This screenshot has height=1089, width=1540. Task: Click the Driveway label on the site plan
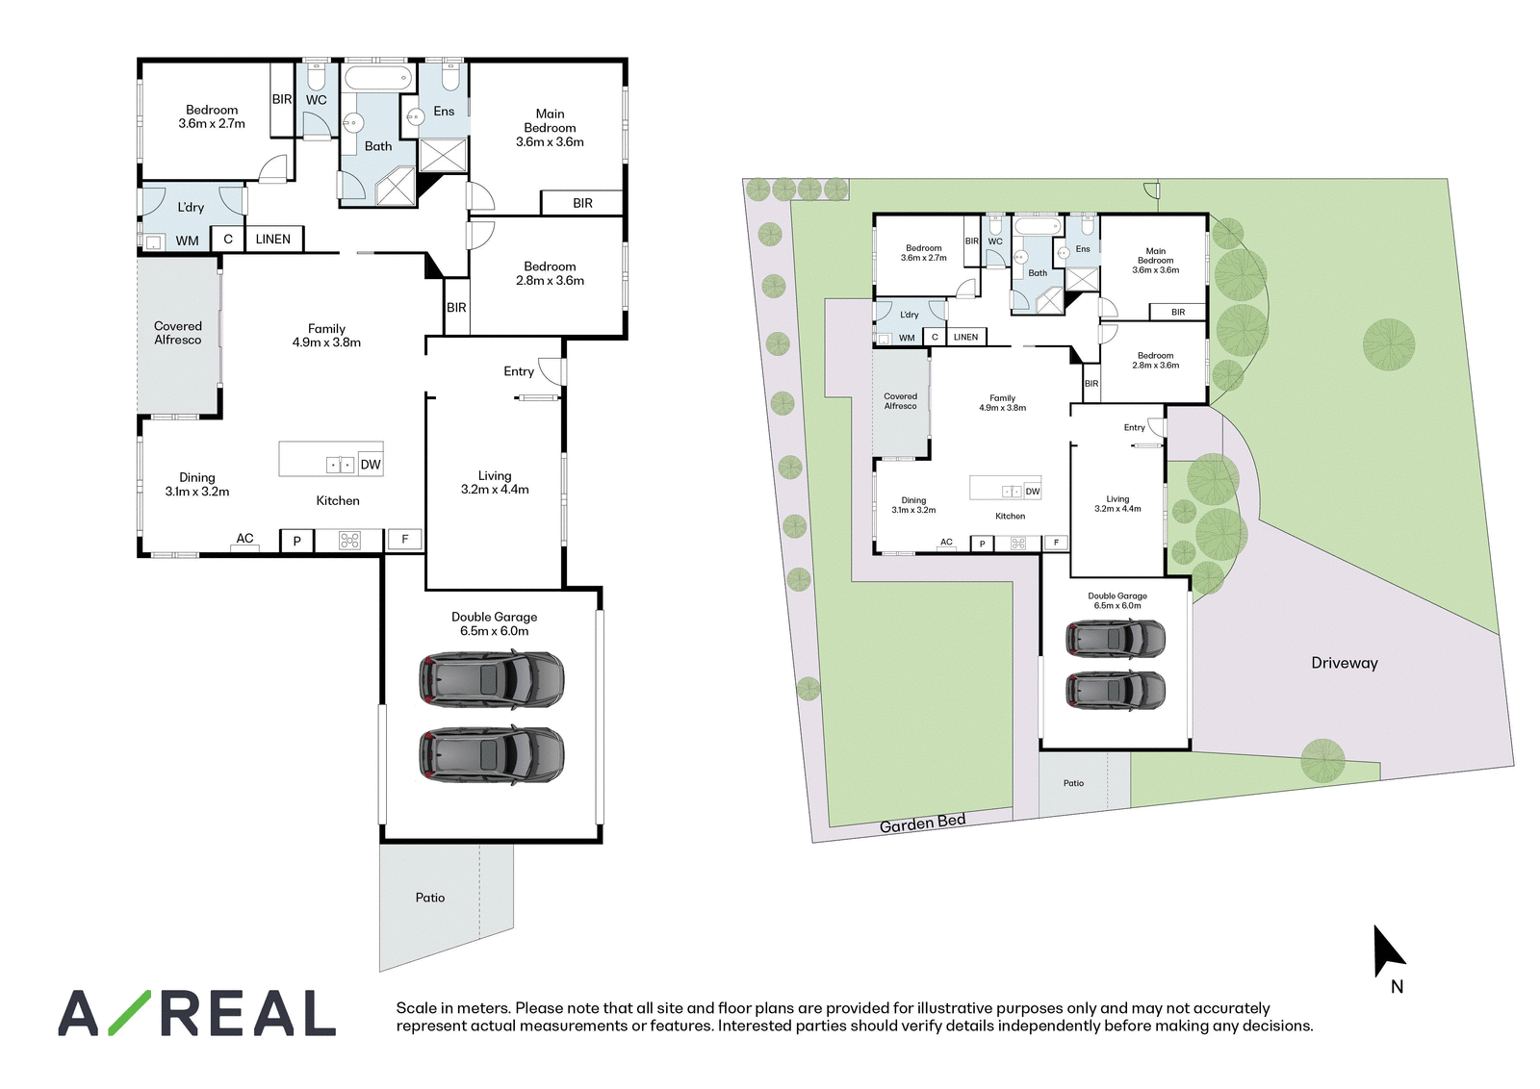(x=1344, y=663)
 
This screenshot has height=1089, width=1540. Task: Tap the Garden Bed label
(x=923, y=823)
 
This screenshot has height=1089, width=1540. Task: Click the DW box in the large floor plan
(x=370, y=465)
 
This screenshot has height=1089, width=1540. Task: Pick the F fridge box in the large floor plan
(x=405, y=540)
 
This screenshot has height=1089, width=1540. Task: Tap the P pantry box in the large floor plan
(x=297, y=541)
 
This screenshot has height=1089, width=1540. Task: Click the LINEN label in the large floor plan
(x=273, y=240)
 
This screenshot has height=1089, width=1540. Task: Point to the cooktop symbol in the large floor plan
(x=350, y=541)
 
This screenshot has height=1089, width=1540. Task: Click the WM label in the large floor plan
(x=187, y=241)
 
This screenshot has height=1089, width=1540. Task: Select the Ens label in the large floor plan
(x=444, y=111)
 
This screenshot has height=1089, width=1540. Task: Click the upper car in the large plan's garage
(x=492, y=680)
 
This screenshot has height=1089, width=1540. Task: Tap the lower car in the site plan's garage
(x=1116, y=690)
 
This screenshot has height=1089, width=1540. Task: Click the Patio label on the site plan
(x=1073, y=782)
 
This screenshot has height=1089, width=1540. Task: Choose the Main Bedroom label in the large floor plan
(x=550, y=128)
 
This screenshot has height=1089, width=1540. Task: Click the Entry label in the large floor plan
(x=519, y=371)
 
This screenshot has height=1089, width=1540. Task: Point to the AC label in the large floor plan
(x=244, y=539)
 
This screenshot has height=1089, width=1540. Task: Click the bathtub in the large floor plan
(x=378, y=78)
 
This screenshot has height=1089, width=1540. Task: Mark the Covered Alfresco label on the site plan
(x=901, y=401)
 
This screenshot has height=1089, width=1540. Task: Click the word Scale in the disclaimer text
(x=417, y=1008)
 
